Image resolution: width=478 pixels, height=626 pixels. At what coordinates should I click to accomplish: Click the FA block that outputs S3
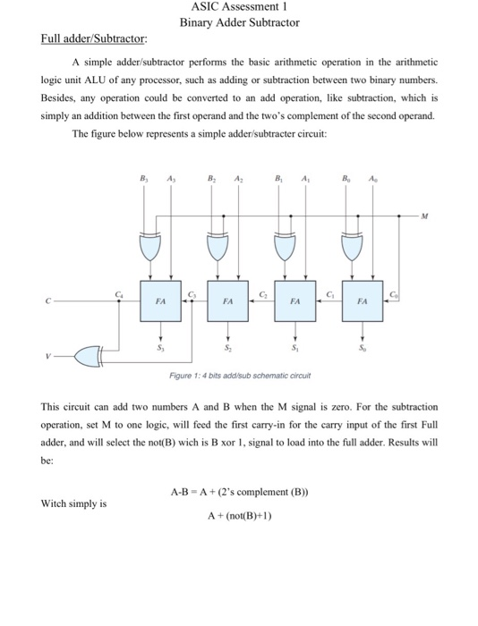(159, 302)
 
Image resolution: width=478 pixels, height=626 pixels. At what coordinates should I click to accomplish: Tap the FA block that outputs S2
(226, 302)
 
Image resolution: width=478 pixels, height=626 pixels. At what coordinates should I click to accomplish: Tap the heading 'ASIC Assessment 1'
(238, 8)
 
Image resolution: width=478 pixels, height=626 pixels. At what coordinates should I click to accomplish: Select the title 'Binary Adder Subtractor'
(239, 22)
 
